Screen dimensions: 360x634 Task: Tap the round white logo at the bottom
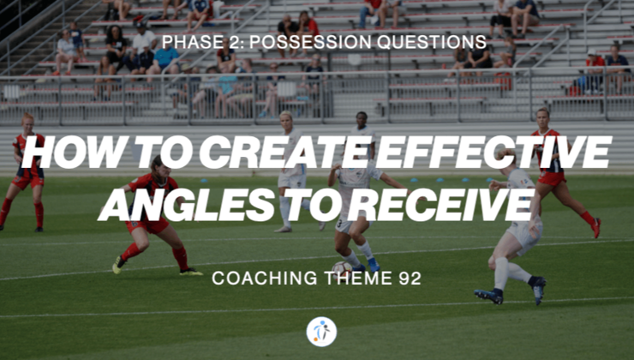[x=321, y=331]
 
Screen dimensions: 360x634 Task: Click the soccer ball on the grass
[x=342, y=269]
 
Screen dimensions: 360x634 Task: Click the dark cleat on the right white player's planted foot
[x=489, y=296]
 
